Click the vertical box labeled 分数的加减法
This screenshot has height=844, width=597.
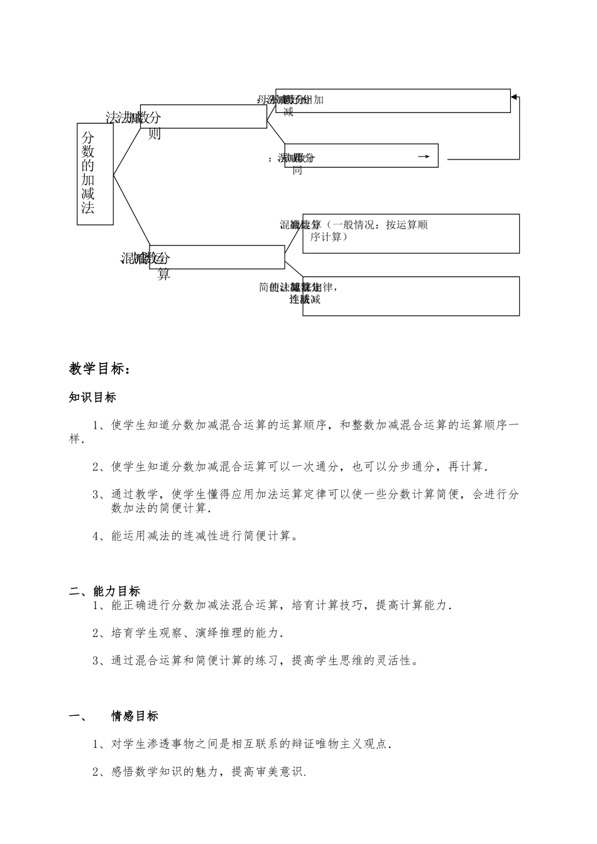(x=95, y=173)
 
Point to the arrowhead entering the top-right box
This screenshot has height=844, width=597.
(x=514, y=97)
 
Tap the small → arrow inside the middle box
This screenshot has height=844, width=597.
(x=424, y=156)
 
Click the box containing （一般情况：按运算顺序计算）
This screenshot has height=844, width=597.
(x=411, y=234)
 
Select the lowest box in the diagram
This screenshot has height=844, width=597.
(x=411, y=296)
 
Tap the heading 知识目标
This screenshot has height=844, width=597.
(x=92, y=398)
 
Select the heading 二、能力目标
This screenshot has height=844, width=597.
(x=105, y=591)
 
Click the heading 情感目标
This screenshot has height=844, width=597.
(x=134, y=716)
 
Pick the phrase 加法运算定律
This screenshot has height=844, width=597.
(x=285, y=494)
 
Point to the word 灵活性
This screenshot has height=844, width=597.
(x=393, y=660)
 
